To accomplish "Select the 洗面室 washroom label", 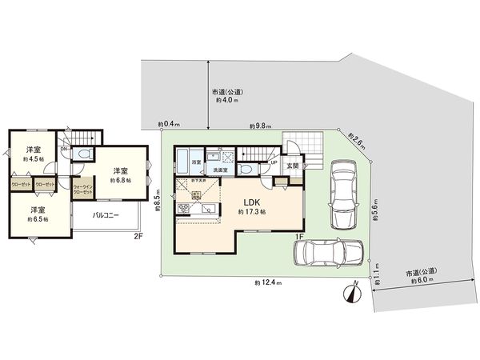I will coord(219,170).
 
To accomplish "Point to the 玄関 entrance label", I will coord(293,166).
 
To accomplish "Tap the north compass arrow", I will coord(350,294).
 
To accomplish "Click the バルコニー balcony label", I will coord(106,215).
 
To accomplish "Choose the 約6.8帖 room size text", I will coord(121,180).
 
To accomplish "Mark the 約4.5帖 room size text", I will coord(34,159).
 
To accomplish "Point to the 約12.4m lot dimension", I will coord(267,283).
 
